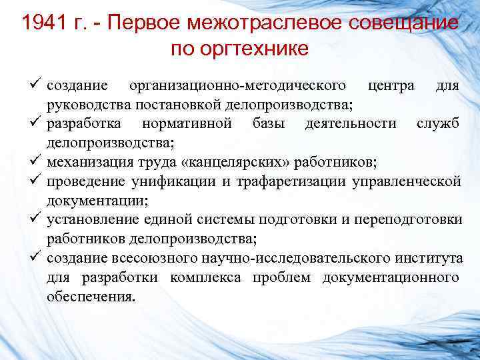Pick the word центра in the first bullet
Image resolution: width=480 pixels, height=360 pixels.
tap(389, 86)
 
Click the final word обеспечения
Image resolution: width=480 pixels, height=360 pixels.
tap(90, 295)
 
